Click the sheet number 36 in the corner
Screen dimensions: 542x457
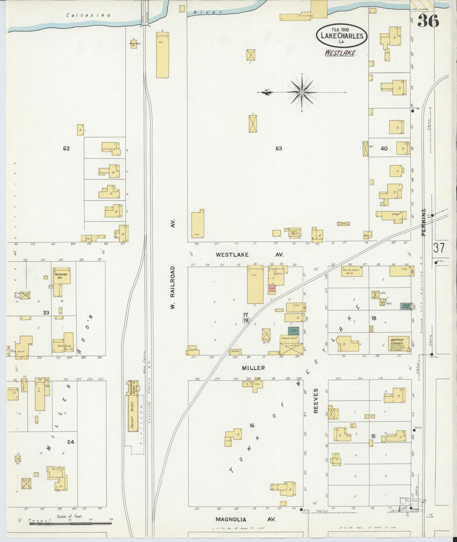click(428, 21)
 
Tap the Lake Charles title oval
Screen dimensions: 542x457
click(342, 36)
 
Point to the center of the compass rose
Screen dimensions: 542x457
click(302, 92)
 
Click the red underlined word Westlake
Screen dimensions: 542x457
click(340, 53)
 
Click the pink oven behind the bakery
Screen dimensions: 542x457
click(272, 288)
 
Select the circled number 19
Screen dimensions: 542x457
click(246, 320)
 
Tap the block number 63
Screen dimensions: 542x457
click(279, 148)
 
